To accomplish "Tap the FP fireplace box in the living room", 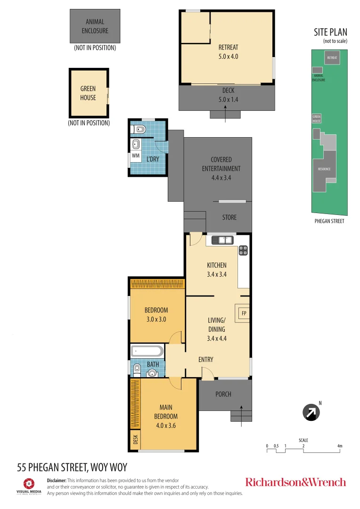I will (x=244, y=313).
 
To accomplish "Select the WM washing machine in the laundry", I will (x=136, y=156).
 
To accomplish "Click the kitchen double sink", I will (x=222, y=240).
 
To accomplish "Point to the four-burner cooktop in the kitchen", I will (x=243, y=250).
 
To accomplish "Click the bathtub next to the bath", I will (x=147, y=351).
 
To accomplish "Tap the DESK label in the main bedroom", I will (x=136, y=439).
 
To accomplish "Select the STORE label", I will (x=229, y=217).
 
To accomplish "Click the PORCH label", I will (x=223, y=394).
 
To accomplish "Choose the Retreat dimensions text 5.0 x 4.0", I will (x=228, y=57).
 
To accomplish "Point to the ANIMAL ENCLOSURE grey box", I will (x=95, y=26).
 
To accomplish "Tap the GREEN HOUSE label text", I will (x=88, y=93).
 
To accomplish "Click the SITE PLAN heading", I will (x=330, y=32).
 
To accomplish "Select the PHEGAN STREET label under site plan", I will (x=329, y=221).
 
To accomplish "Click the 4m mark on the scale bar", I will (x=340, y=446).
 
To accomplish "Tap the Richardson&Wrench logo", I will (x=295, y=482).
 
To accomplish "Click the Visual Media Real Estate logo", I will (x=29, y=486).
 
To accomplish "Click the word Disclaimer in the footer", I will (x=57, y=480).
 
